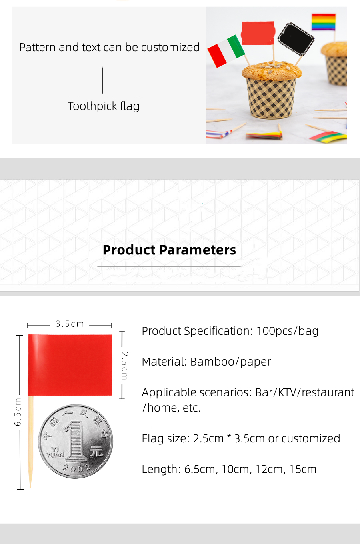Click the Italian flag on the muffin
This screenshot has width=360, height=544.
tap(226, 51)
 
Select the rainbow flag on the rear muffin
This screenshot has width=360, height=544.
tap(324, 22)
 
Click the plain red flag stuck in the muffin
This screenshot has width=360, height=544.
tap(258, 33)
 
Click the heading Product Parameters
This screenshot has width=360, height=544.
tap(169, 250)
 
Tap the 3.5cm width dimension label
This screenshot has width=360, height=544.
tap(70, 324)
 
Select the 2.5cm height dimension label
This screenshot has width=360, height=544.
tap(124, 366)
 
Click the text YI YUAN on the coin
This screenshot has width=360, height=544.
tap(55, 452)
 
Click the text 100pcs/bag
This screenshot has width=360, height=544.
tap(287, 331)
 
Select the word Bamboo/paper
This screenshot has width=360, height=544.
tap(230, 362)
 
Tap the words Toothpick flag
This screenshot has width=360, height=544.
tap(104, 106)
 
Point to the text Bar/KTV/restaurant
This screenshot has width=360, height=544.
tap(305, 392)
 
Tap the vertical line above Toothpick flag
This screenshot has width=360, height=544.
tap(102, 80)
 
